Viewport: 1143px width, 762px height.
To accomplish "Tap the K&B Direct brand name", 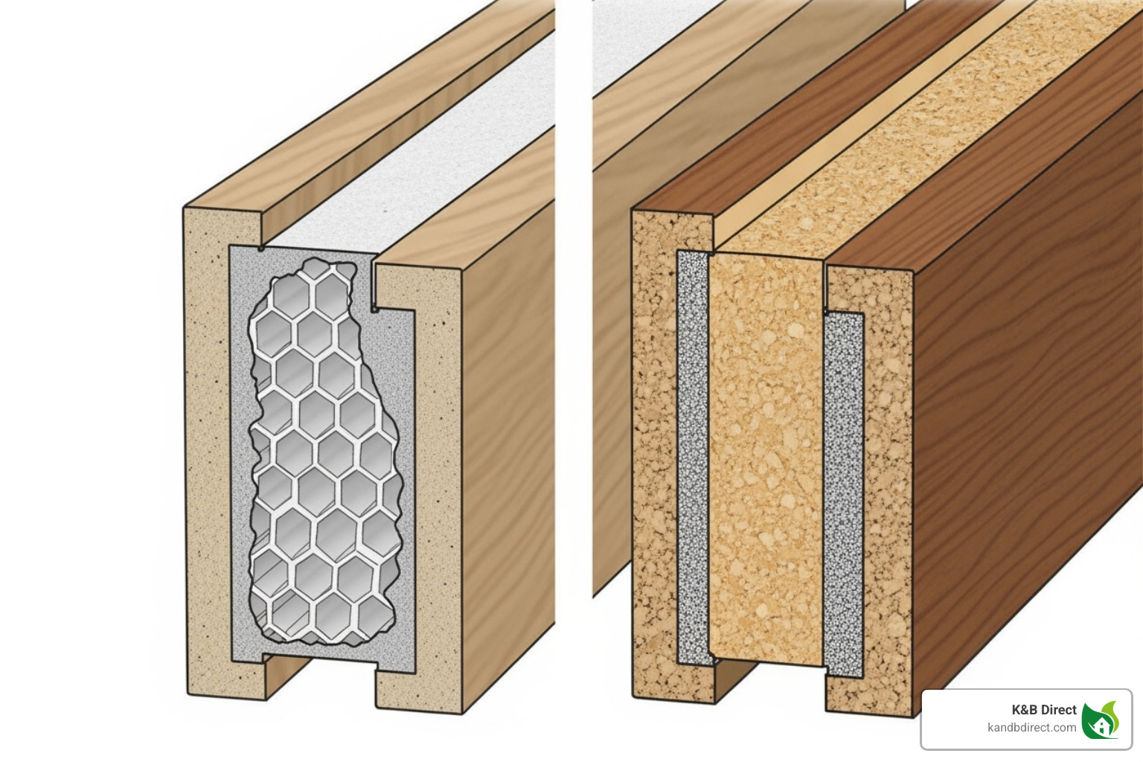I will pos(1043,710).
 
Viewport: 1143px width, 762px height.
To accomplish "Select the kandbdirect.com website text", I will pos(1031,728).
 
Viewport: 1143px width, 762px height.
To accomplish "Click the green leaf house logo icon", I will pos(1100,720).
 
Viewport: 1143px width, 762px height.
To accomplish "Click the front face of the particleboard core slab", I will pos(766,454).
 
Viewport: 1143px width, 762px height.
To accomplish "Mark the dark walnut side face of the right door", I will pos(1027,417).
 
